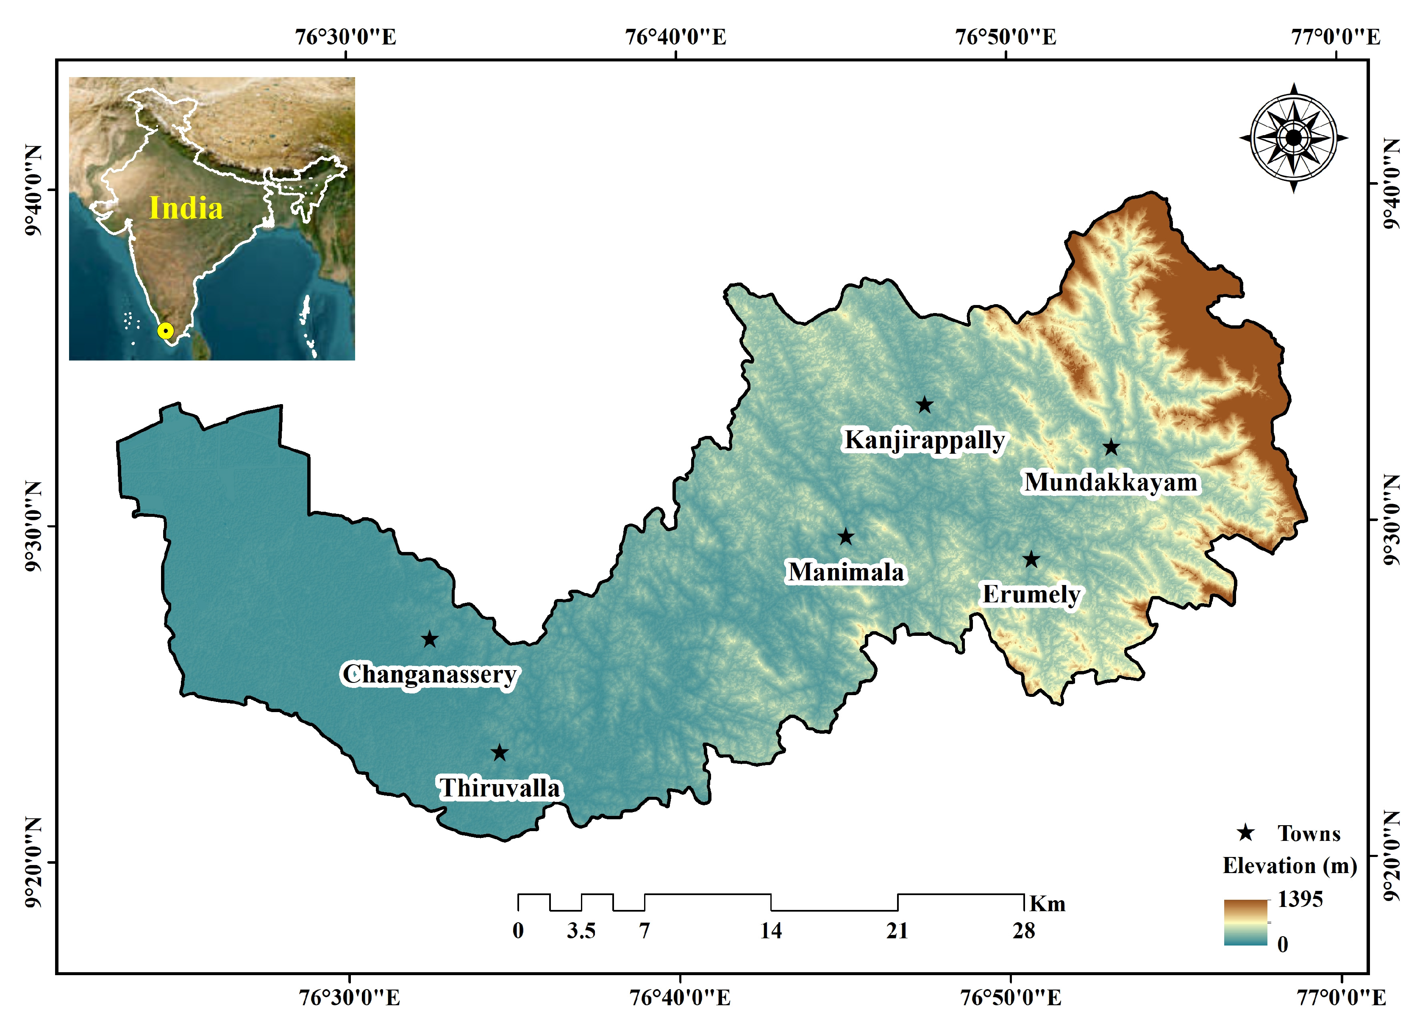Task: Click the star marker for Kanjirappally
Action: [925, 405]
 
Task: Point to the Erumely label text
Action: [1031, 594]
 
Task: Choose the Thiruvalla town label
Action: [500, 788]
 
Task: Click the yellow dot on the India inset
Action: [165, 331]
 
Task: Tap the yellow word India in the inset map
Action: [186, 208]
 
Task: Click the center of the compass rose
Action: [1293, 137]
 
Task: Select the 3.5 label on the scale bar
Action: [581, 931]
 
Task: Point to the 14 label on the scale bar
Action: [771, 931]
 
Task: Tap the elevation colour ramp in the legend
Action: [1245, 922]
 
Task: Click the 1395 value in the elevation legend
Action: [1300, 899]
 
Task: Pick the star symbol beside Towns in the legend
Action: [1246, 832]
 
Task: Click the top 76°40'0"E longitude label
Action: [675, 37]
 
